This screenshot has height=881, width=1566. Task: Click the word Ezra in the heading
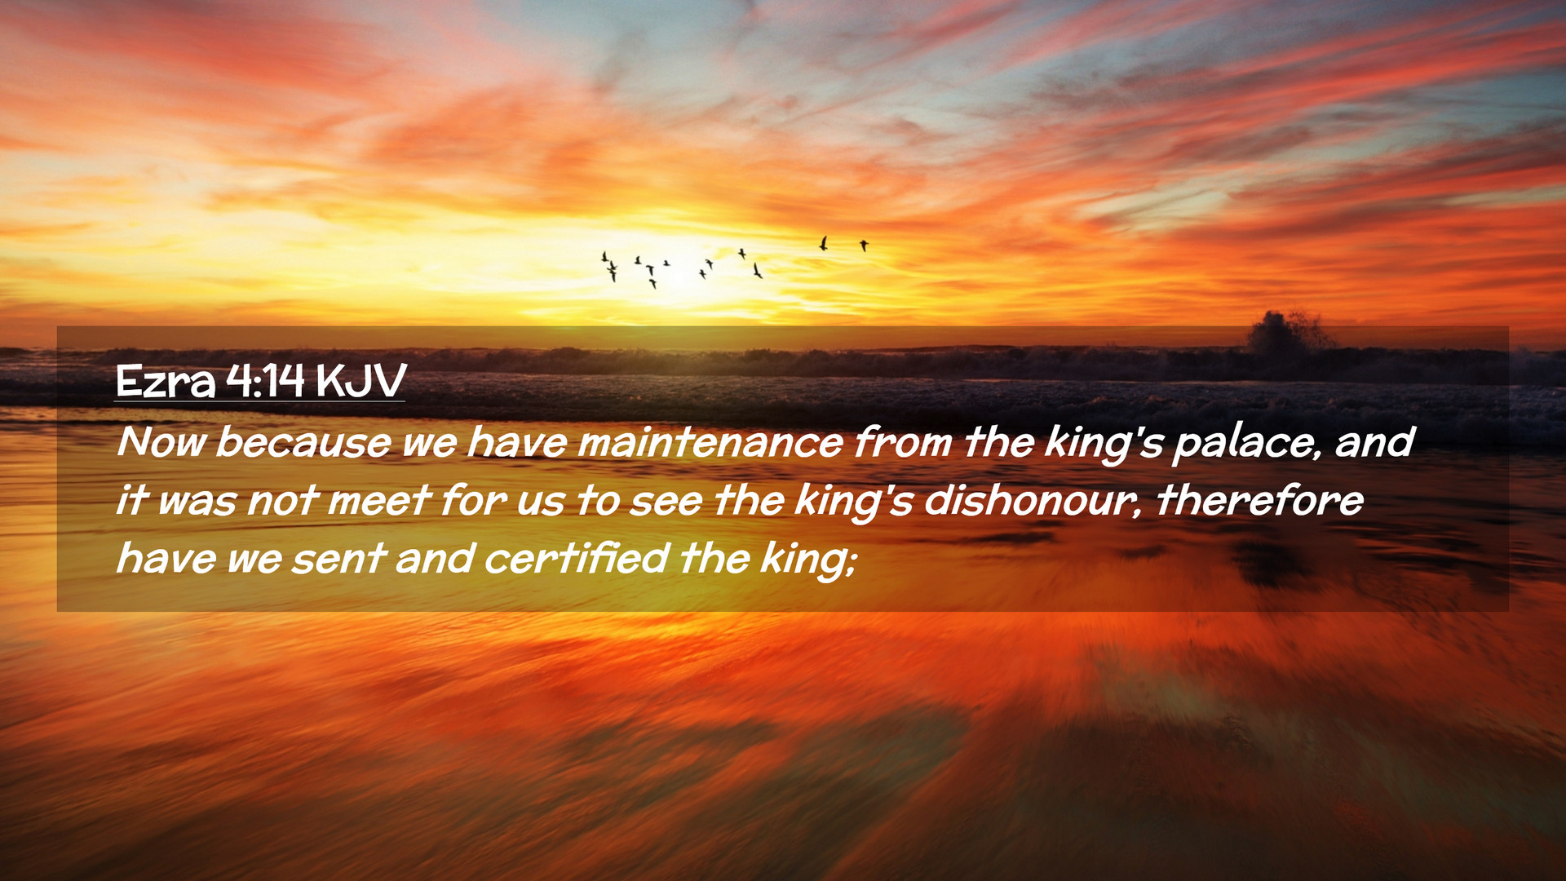[x=165, y=381]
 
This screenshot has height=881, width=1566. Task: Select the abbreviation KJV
[x=361, y=381]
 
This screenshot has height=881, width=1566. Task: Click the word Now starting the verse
[x=161, y=442]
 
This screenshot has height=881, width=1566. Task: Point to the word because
[x=303, y=442]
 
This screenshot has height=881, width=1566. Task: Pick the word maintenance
[x=710, y=442]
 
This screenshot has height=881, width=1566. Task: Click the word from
[x=903, y=442]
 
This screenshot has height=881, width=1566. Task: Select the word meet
[x=378, y=501]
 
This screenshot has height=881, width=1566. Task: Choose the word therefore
[x=1259, y=501]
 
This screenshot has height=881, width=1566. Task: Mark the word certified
[x=577, y=559]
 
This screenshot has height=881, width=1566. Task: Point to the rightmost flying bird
[x=864, y=245]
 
